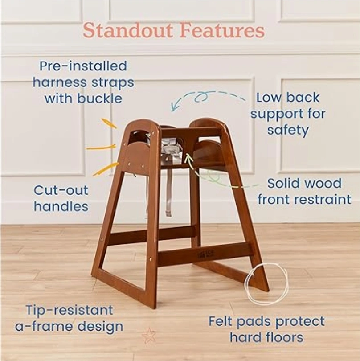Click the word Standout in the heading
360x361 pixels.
128,30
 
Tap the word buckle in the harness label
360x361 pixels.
99,98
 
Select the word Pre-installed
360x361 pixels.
83,66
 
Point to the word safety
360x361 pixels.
288,130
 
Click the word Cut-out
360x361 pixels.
61,190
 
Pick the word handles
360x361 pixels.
61,206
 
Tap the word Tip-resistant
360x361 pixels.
70,310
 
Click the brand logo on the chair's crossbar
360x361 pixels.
206,254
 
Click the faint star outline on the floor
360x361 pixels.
148,336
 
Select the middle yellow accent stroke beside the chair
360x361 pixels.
101,148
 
